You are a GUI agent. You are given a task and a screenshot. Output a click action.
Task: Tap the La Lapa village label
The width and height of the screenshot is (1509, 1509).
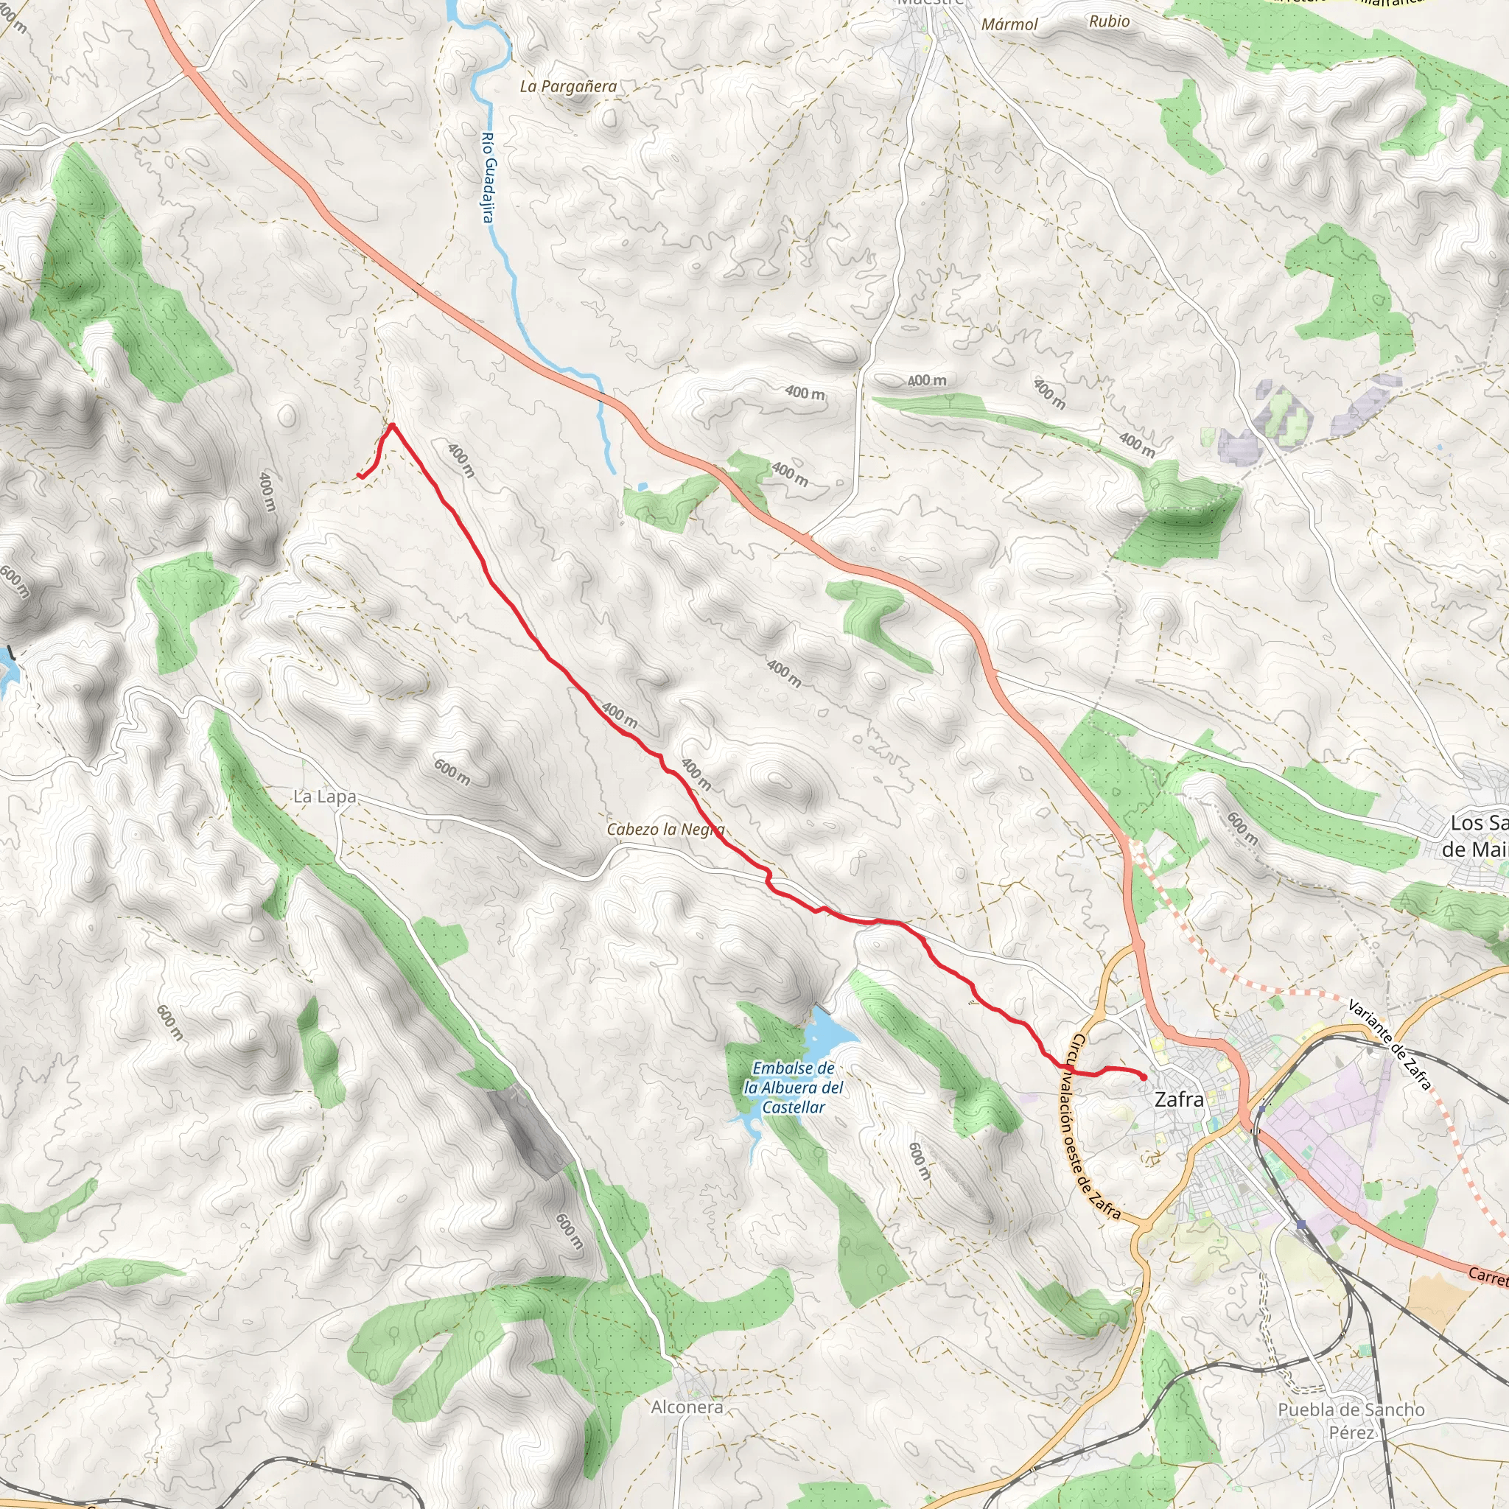324,796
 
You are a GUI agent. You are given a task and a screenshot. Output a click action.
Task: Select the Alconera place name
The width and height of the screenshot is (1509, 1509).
687,1407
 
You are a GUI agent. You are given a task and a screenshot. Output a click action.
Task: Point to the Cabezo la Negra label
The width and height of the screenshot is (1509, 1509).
665,830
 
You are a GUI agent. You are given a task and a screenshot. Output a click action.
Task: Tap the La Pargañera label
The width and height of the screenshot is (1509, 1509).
568,87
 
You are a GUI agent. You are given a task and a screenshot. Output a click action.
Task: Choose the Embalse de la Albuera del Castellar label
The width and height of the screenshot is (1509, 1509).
793,1088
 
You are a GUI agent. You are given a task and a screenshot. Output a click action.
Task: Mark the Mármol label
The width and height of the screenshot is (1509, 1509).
1009,24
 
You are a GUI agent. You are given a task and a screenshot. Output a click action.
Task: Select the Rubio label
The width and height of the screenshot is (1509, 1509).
1109,21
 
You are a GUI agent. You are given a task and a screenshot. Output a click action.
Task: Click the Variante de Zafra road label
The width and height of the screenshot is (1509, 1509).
1390,1044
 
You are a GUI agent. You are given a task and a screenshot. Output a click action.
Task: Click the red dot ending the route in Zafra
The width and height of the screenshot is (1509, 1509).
1144,1077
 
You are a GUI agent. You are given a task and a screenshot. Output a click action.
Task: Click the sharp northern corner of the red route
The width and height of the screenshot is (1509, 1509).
392,425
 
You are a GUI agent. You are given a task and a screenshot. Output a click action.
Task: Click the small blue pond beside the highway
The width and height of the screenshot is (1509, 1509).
642,486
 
